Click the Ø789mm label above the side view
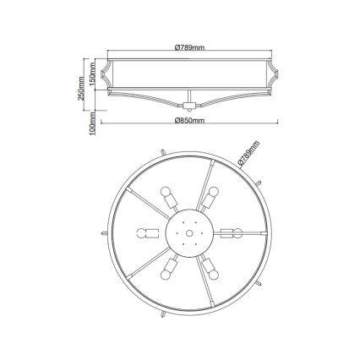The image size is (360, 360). point(188,46)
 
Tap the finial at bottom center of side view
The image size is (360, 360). point(188,106)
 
